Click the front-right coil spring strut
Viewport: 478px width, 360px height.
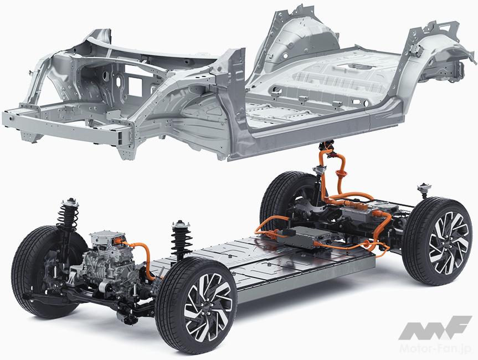(181, 239)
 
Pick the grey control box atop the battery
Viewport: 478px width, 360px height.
(305, 236)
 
